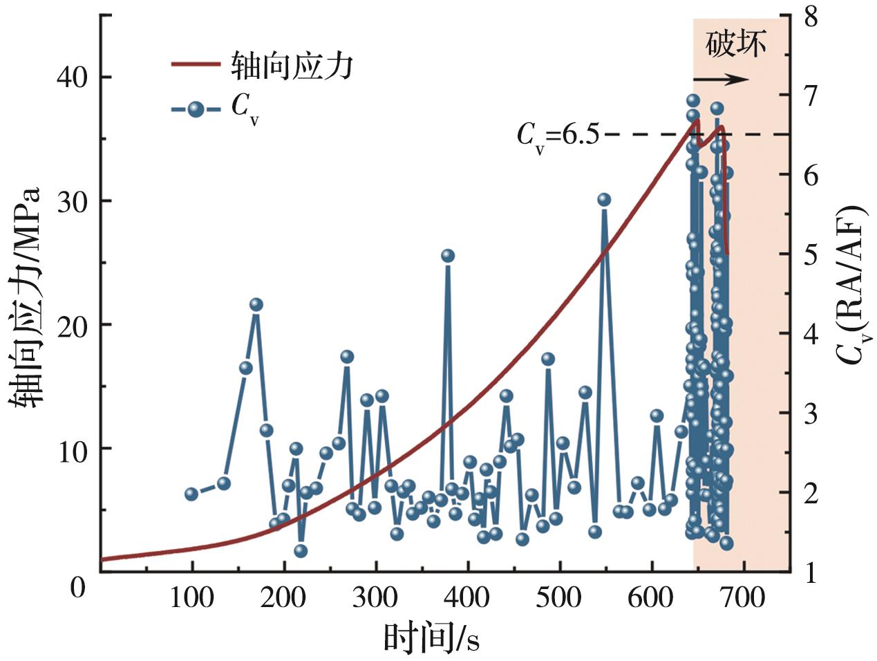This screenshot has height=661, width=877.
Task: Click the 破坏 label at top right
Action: [736, 45]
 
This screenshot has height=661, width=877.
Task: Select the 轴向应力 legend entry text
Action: [292, 66]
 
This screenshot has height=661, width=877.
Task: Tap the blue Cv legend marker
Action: [196, 109]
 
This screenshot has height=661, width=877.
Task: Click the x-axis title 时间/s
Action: [431, 637]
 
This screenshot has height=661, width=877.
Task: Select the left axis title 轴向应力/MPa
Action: [26, 297]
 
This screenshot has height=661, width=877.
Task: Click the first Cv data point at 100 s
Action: [191, 494]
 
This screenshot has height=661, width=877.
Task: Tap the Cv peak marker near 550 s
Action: [604, 200]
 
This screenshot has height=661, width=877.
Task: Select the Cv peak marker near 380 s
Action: [448, 256]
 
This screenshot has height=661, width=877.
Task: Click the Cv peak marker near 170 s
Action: [256, 305]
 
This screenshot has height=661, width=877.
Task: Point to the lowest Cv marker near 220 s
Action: [300, 551]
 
